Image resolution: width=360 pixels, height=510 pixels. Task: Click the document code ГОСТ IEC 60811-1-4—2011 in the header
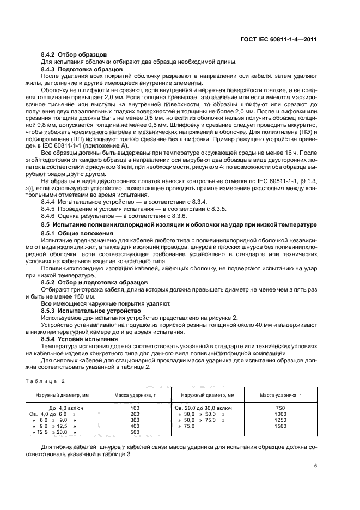[x=278, y=40]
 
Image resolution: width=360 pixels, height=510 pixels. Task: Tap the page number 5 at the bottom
[x=315, y=466]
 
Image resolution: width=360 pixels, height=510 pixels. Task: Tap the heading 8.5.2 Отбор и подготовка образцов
[x=94, y=282]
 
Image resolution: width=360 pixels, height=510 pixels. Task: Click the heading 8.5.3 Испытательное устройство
[x=88, y=310]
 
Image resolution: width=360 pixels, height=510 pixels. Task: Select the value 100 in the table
[x=135, y=408]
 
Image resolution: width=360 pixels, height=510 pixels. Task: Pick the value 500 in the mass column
[x=135, y=432]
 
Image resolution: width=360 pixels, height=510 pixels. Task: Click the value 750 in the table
[x=280, y=408]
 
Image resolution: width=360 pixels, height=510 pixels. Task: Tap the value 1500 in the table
[x=280, y=426]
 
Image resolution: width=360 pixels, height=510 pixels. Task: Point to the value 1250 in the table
[x=280, y=420]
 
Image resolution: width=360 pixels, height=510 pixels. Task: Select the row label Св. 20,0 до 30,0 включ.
[x=204, y=408]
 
